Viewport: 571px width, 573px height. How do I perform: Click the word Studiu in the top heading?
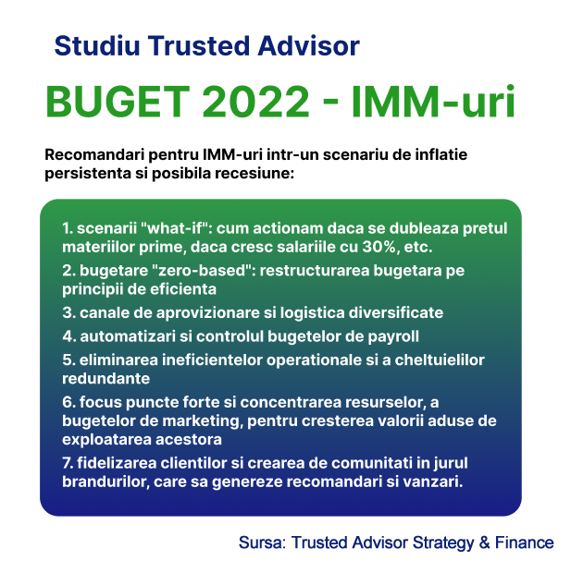point(97,45)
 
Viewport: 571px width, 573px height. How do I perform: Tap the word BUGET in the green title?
point(118,102)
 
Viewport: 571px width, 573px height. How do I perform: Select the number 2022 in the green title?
point(255,102)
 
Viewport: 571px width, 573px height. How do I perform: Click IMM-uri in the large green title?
point(434,102)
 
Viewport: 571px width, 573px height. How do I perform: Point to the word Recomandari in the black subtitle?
point(94,154)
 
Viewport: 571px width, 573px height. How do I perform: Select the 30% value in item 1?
point(379,247)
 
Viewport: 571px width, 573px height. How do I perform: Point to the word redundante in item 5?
point(106,379)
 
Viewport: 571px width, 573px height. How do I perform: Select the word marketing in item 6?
point(203,421)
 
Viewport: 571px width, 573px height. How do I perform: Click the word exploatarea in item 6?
point(106,440)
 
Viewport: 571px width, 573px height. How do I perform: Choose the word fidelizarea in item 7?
point(117,463)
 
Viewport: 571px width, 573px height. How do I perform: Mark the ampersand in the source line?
point(484,543)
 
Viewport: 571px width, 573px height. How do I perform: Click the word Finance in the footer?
point(524,543)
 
